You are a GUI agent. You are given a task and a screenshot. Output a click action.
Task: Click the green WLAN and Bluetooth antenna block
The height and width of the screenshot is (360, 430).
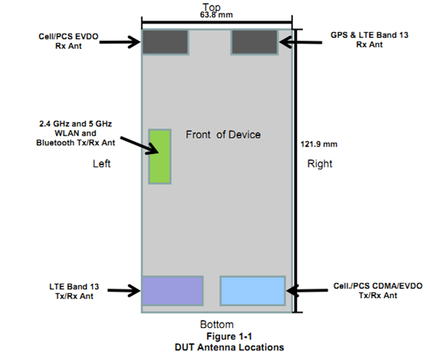tap(160, 157)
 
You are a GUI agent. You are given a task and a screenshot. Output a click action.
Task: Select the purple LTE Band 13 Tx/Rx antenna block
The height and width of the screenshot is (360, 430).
tap(172, 291)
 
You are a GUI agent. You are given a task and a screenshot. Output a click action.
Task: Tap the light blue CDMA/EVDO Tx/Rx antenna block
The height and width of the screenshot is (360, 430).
tap(252, 291)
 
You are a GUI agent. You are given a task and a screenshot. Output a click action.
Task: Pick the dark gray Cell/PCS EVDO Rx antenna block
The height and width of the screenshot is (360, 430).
tap(165, 42)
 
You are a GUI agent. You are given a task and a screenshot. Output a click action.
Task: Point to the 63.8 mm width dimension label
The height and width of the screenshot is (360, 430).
tap(216, 15)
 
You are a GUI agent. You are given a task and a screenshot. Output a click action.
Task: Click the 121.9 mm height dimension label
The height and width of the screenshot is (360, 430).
tap(319, 144)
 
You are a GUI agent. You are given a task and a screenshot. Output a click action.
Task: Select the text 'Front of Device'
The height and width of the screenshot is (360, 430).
tap(223, 135)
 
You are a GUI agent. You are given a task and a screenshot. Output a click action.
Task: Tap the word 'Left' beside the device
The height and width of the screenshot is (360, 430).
tap(102, 164)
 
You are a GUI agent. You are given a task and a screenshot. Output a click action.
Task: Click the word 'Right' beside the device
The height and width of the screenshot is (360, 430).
tap(319, 164)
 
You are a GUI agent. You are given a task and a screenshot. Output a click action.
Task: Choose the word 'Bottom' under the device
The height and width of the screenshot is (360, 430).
tap(217, 324)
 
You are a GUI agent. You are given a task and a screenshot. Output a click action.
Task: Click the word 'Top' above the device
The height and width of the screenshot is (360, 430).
tap(211, 7)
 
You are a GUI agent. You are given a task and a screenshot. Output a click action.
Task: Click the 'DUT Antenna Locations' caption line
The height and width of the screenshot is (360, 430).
tap(229, 347)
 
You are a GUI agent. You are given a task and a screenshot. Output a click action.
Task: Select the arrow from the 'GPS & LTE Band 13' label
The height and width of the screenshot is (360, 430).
tap(301, 42)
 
